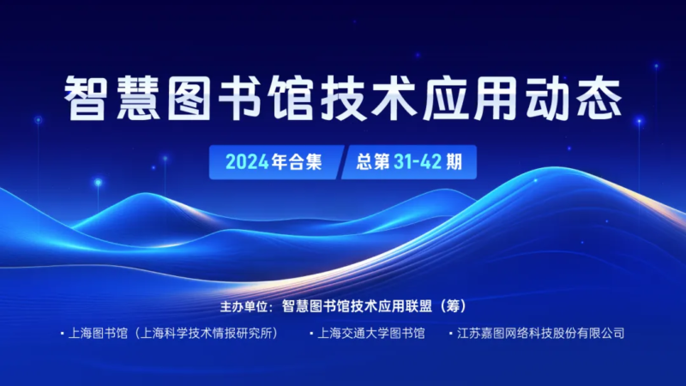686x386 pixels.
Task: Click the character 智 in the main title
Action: point(86,98)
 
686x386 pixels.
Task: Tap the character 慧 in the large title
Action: point(137,98)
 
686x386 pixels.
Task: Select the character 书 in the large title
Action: point(240,98)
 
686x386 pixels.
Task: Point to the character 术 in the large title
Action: point(394,98)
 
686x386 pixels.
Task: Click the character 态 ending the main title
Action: point(599,98)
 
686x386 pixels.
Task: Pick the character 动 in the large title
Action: point(547,98)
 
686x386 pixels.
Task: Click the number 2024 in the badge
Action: point(247,162)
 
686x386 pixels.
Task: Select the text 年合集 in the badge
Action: point(297,162)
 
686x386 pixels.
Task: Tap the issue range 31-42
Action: point(418,162)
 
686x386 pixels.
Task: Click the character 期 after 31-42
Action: point(454,162)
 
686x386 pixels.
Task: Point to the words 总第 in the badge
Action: point(373,162)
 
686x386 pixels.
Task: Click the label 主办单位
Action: point(244,306)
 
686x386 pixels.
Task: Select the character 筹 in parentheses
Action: point(454,306)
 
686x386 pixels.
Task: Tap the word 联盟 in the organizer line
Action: point(418,306)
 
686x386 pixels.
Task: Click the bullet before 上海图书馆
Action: point(62,334)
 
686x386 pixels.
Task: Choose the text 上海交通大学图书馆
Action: point(371,334)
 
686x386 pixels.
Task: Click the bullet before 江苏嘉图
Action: point(451,334)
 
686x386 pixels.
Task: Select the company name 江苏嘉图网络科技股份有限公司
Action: point(541,334)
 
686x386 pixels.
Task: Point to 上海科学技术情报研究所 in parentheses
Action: point(205,334)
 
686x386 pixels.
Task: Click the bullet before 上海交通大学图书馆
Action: point(311,334)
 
